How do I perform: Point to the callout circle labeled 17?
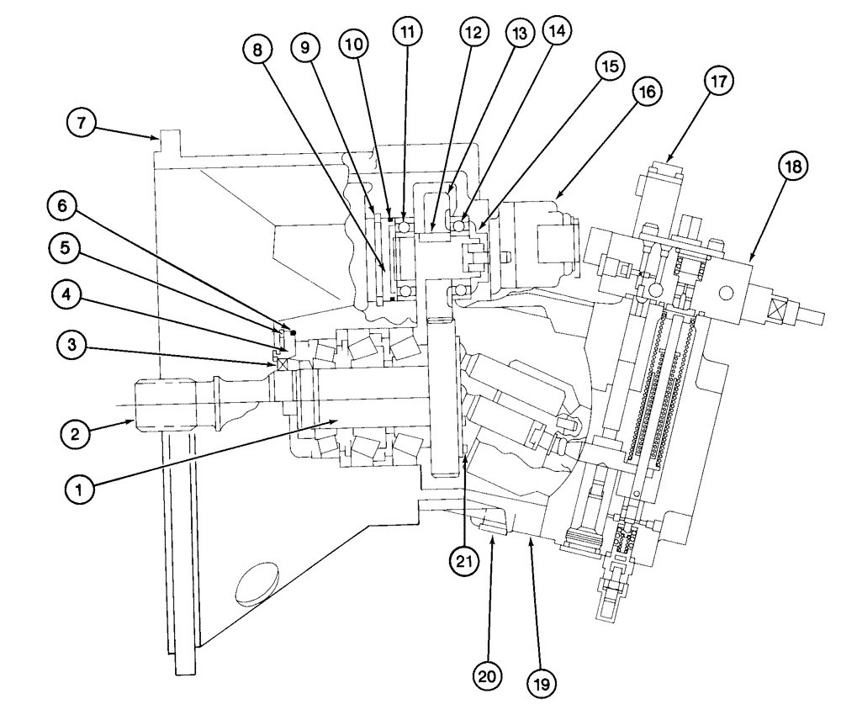[x=718, y=82]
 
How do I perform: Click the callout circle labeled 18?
[x=792, y=166]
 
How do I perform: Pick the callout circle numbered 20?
[x=489, y=675]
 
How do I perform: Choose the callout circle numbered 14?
[x=556, y=33]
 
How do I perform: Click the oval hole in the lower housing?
[x=259, y=584]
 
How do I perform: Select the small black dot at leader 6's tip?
[x=293, y=332]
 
